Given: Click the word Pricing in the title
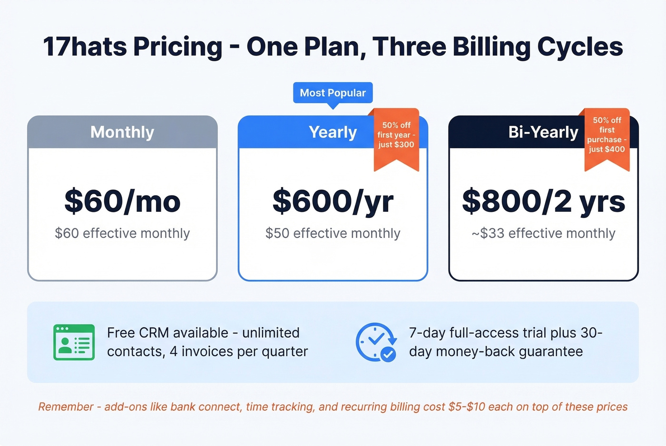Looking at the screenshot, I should [x=177, y=47].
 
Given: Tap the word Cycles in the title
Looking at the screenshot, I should [x=580, y=47].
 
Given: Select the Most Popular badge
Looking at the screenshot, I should [x=333, y=93].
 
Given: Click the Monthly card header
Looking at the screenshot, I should [x=122, y=132].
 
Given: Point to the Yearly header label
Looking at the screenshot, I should [x=333, y=132].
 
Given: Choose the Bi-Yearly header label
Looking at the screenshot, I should [x=543, y=132].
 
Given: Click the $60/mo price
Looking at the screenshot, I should [x=122, y=201].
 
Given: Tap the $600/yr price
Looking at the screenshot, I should [x=333, y=201].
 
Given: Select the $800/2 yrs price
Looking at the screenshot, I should [x=543, y=201].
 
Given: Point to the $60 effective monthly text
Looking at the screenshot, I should [x=122, y=233].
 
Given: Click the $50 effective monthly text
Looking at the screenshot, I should [x=333, y=233].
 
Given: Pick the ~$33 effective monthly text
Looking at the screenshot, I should [x=543, y=233].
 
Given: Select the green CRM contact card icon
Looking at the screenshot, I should [x=74, y=342].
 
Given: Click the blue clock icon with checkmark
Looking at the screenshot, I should [x=376, y=342].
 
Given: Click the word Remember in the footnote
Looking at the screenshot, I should [x=66, y=407].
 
